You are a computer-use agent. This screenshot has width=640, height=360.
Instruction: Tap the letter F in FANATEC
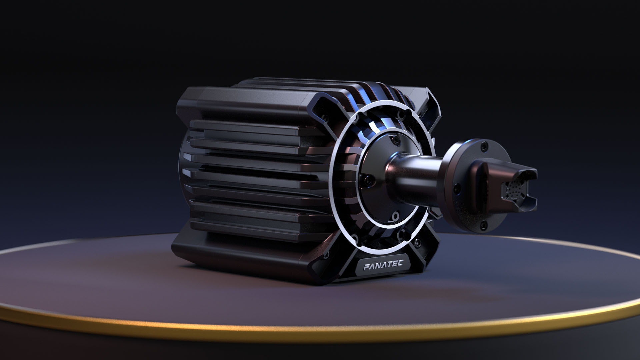tap(366, 267)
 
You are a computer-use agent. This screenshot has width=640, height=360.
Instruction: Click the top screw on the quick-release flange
tap(484, 146)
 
